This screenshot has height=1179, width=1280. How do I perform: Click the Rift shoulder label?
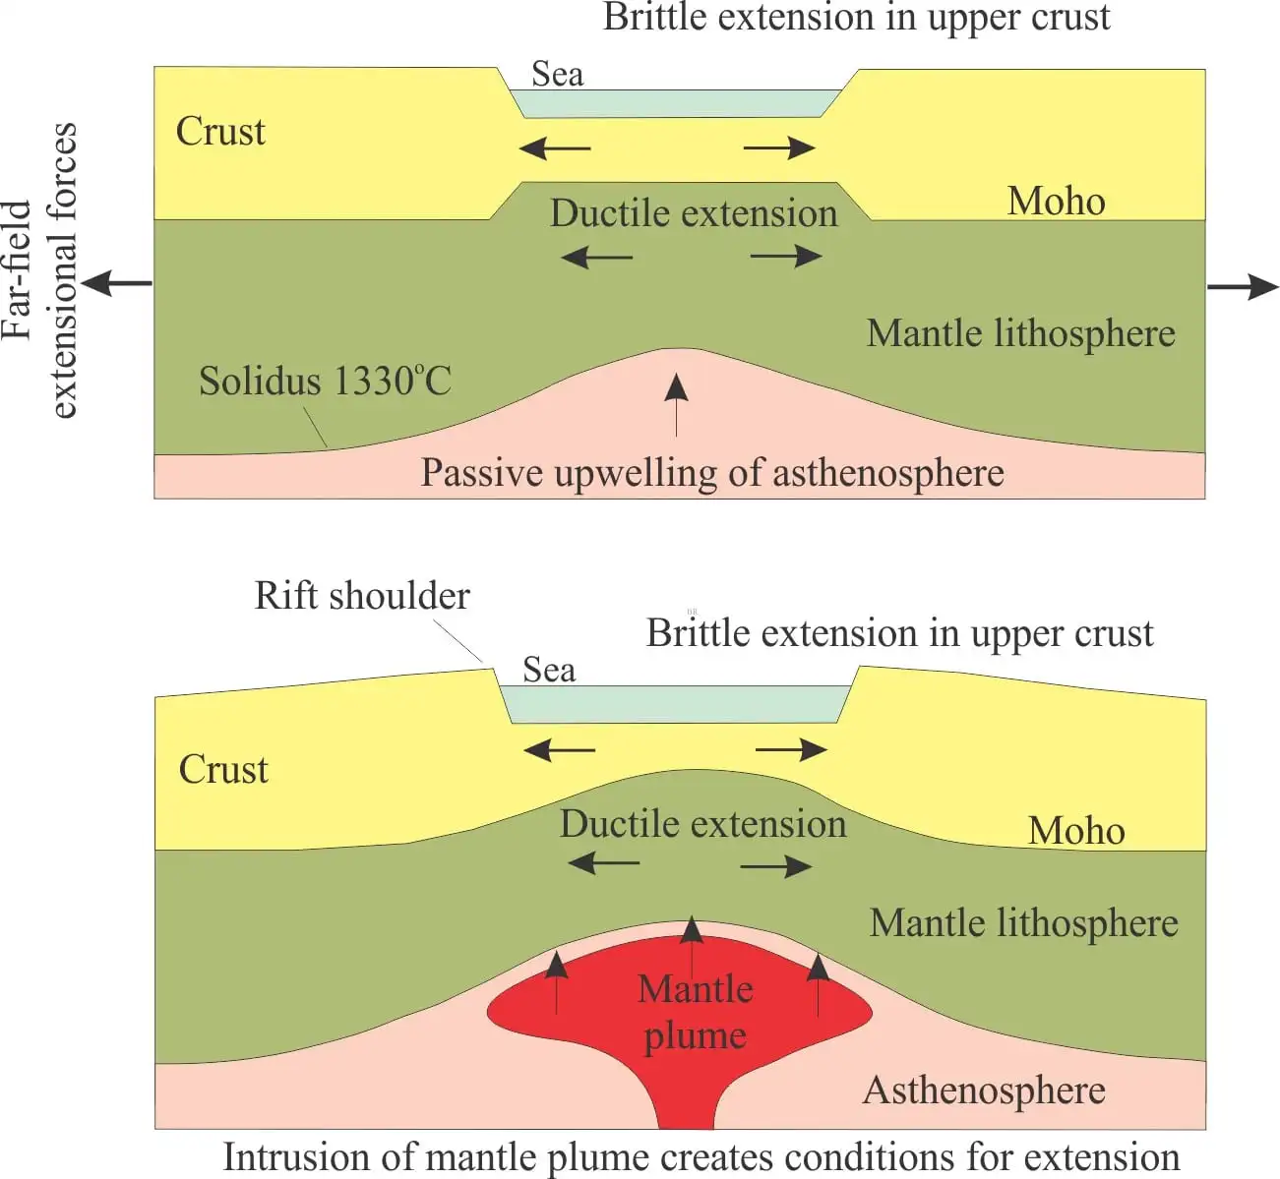pyautogui.click(x=362, y=596)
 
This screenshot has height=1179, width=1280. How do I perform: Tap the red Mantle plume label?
pyautogui.click(x=696, y=1012)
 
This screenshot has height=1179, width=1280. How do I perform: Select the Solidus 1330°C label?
pyautogui.click(x=325, y=382)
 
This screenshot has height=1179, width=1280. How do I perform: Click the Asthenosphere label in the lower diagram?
pyautogui.click(x=984, y=1091)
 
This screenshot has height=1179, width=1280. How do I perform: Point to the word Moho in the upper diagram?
pyautogui.click(x=1056, y=202)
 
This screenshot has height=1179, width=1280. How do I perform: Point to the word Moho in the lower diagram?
pyautogui.click(x=1076, y=831)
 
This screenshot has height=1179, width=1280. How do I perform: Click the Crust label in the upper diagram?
pyautogui.click(x=220, y=132)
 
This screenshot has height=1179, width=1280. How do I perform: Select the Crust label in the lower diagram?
pyautogui.click(x=223, y=769)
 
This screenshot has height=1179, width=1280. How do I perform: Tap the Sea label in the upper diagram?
pyautogui.click(x=557, y=75)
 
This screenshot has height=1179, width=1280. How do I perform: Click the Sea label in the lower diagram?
pyautogui.click(x=549, y=671)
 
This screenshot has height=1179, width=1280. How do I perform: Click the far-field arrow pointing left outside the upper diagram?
pyautogui.click(x=116, y=284)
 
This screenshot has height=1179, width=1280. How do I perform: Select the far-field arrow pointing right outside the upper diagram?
pyautogui.click(x=1243, y=287)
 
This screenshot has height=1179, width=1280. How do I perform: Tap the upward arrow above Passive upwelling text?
pyautogui.click(x=676, y=402)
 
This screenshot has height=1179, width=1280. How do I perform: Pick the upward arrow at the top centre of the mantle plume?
pyautogui.click(x=692, y=944)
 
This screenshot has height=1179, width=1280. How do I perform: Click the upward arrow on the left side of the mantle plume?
pyautogui.click(x=557, y=979)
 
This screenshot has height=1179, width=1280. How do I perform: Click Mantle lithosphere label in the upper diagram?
pyautogui.click(x=1020, y=334)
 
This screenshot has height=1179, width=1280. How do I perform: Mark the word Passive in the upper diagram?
pyautogui.click(x=482, y=474)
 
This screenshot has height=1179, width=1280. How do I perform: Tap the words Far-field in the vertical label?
pyautogui.click(x=20, y=271)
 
